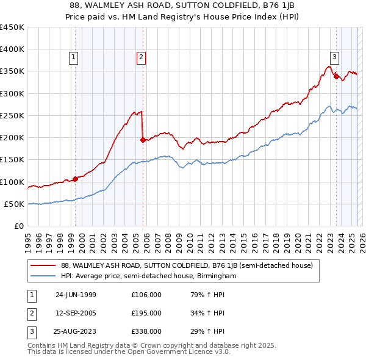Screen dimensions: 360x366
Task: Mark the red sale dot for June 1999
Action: pyautogui.click(x=76, y=179)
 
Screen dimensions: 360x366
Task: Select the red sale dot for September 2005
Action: pyautogui.click(x=143, y=140)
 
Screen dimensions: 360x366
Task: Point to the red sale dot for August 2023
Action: pyautogui.click(x=336, y=76)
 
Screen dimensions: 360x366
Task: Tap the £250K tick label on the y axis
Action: pyautogui.click(x=12, y=115)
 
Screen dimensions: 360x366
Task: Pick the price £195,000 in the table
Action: pyautogui.click(x=146, y=313)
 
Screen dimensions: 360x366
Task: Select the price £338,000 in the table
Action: pyautogui.click(x=146, y=331)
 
